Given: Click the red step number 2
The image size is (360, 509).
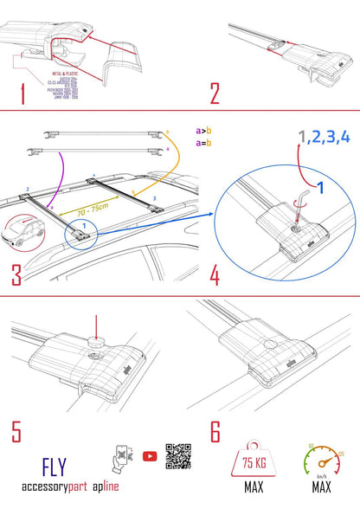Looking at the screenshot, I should (215, 93).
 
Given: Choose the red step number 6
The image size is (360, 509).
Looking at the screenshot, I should (215, 429).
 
